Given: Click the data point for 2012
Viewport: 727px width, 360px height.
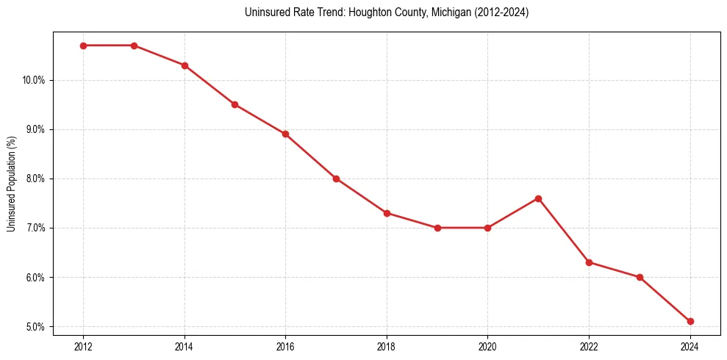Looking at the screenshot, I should pos(83,46).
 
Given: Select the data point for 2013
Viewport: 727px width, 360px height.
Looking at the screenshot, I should pos(134,46).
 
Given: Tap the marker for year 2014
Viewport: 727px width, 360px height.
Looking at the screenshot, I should pos(185,65).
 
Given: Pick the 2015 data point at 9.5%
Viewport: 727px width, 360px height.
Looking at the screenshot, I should pos(234,104).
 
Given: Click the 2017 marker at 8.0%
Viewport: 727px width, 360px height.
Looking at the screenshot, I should pos(336,179).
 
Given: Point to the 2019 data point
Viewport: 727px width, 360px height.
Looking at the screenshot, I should pos(437,228).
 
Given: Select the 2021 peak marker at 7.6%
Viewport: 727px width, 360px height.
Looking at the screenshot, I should pos(538,198).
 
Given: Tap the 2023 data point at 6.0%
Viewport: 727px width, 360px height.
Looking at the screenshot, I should pos(640,277).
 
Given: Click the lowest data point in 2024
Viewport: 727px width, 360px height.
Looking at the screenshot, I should pos(690,321).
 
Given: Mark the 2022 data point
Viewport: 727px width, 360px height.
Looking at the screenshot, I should pos(589,262).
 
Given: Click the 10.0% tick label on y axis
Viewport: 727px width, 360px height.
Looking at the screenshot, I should pos(34,80).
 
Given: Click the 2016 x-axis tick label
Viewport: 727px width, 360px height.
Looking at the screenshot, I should pos(285,346).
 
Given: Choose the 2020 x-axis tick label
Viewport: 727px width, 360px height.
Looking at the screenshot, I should pos(487,346).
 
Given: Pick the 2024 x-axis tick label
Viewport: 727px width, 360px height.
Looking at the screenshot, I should pos(690,346).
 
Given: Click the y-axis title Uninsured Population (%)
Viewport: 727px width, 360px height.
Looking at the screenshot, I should pos(12,184).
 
